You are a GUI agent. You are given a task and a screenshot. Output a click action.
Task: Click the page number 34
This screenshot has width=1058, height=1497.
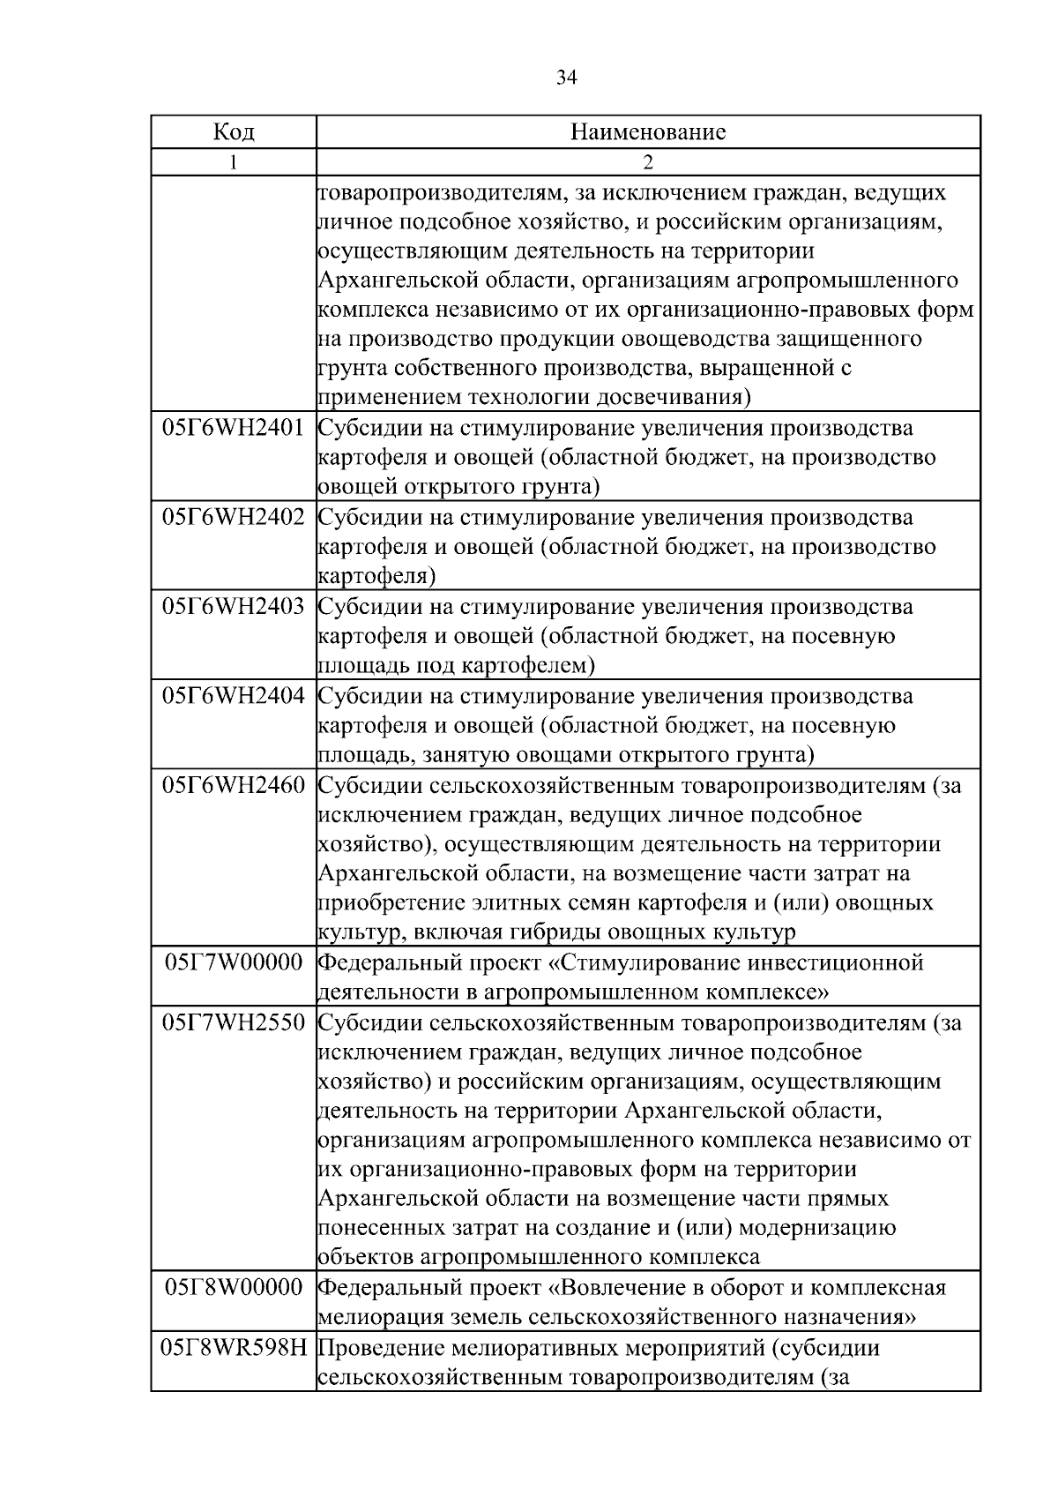coord(566,79)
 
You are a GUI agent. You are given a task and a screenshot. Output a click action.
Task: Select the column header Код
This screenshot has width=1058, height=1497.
coord(234,132)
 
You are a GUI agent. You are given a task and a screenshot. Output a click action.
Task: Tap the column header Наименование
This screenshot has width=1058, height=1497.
coord(648,132)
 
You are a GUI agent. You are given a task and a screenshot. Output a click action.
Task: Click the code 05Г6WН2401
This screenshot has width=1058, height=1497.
coord(234,429)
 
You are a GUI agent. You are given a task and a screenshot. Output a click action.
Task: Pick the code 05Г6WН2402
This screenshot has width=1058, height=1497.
coord(234,518)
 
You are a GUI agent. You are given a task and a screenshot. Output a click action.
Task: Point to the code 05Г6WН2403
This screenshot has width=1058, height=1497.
coord(234,607)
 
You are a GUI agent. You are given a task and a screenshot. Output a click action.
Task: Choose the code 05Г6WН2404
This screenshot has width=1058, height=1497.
coord(234,696)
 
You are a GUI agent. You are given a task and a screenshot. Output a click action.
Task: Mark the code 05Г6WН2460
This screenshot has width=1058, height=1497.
coord(234,786)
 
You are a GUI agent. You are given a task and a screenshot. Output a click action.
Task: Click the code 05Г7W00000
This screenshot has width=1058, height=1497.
coord(234,962)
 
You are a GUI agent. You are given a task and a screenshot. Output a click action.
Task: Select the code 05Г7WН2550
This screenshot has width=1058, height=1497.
coord(234,1023)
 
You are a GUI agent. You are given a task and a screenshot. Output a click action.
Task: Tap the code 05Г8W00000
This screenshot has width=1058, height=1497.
coord(234,1288)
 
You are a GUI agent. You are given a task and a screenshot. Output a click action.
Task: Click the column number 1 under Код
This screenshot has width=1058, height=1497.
coord(234,162)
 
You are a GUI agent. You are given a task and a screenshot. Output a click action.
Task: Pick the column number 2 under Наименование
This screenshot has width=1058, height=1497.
coord(648,162)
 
